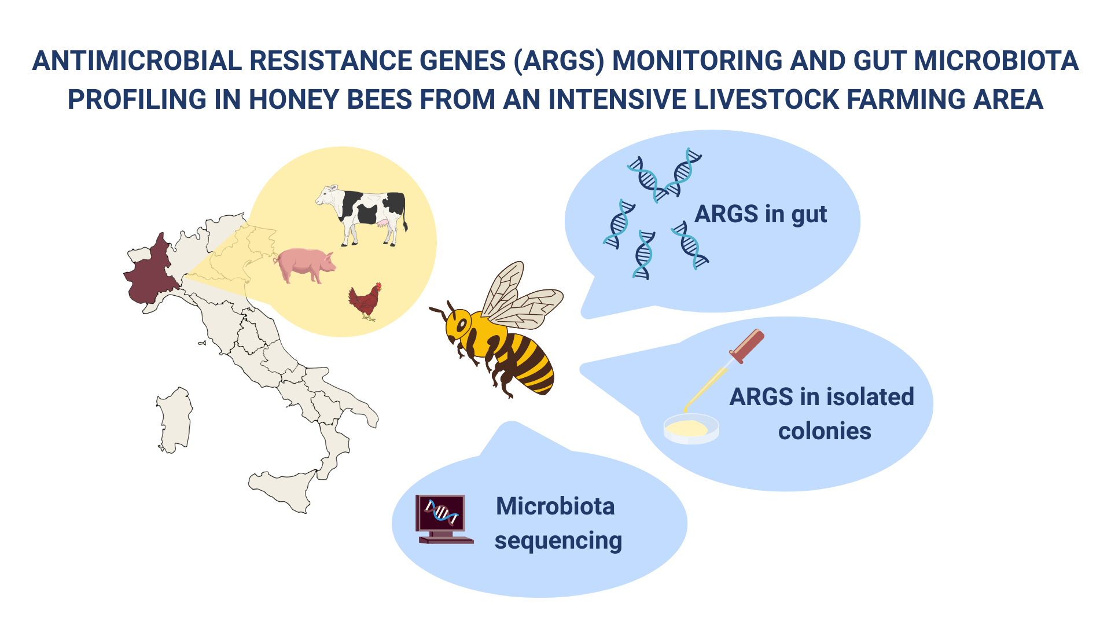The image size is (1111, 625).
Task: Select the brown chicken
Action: pos(365,301)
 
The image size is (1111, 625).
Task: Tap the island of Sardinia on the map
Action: pos(174,420)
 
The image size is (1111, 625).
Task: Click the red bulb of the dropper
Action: pos(747,345)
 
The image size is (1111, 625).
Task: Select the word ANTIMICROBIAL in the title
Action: pos(137,61)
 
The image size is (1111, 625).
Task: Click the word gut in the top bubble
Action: pos(809,215)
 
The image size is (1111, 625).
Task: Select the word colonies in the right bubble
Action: pos(825,431)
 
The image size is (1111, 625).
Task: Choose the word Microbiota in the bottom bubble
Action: pos(555,506)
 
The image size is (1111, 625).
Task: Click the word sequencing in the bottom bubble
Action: pos(558,541)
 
